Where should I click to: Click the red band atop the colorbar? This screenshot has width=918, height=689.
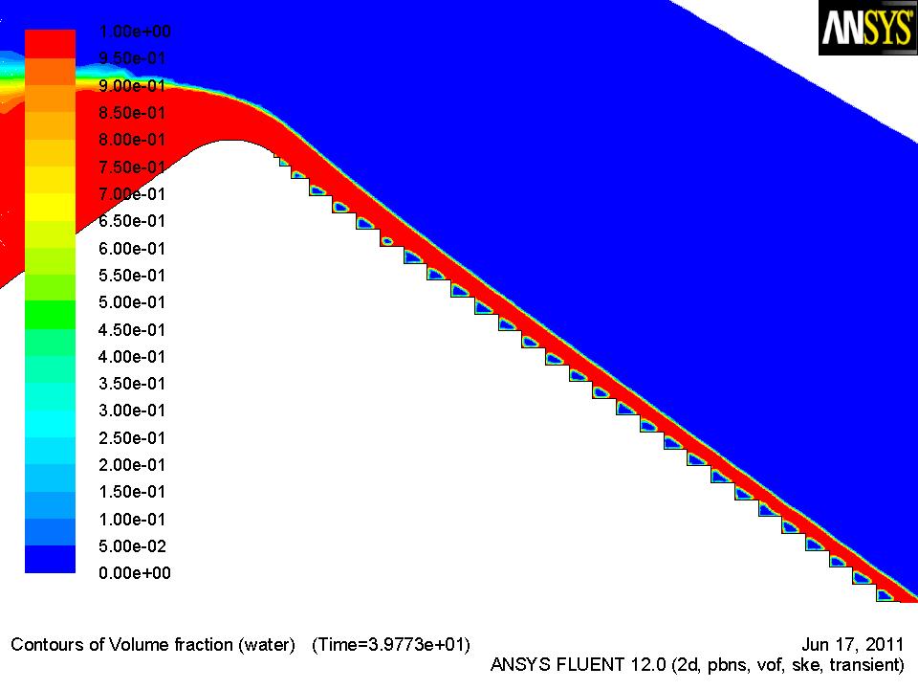tap(50, 44)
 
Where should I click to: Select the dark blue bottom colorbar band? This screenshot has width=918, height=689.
tap(50, 560)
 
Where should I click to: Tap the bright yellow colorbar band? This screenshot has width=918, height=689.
tap(50, 207)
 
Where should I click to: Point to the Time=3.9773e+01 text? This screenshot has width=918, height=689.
tap(391, 644)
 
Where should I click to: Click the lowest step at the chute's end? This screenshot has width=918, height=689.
tap(885, 595)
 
